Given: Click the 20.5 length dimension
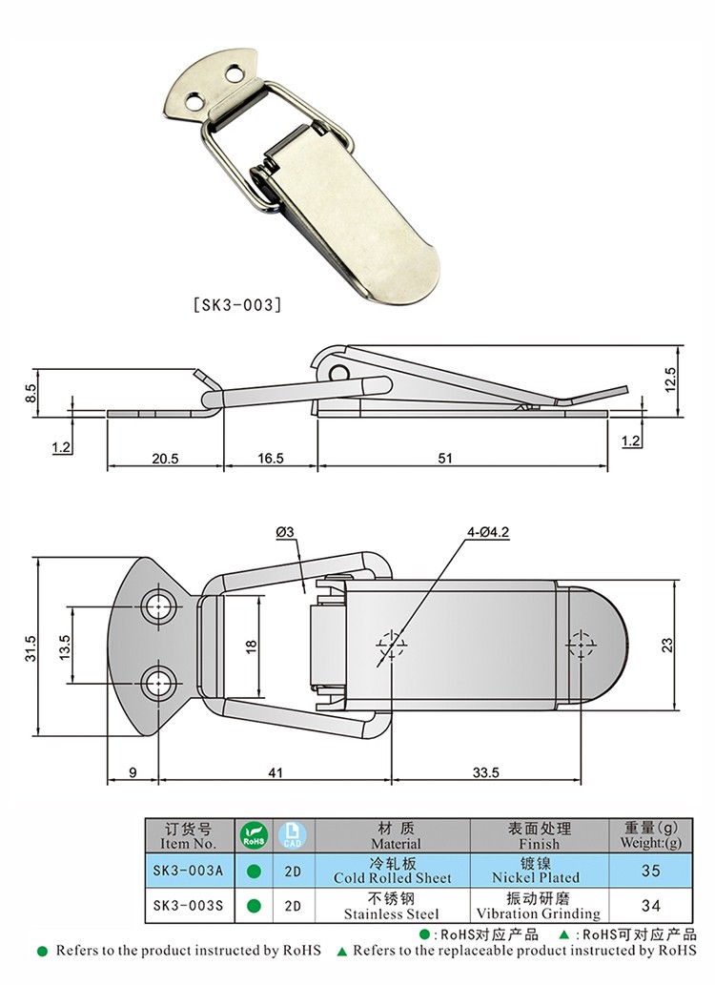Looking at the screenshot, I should pyautogui.click(x=165, y=458).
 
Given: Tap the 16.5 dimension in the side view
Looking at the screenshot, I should pyautogui.click(x=271, y=458).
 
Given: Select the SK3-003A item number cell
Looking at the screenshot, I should pyautogui.click(x=188, y=871).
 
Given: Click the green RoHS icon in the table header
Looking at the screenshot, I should pyautogui.click(x=253, y=835).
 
